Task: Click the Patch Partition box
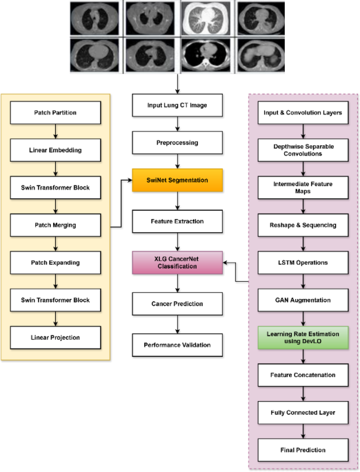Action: coord(54,112)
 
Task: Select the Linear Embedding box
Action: coord(54,150)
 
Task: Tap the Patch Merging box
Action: coord(54,225)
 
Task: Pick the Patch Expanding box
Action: coord(54,263)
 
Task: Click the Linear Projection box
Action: coord(54,337)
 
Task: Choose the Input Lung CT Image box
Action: coord(179,105)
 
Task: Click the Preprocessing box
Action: coord(179,143)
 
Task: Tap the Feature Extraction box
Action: coord(179,222)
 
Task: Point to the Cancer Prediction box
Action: coord(179,303)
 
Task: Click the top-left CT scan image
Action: coord(96,17)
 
